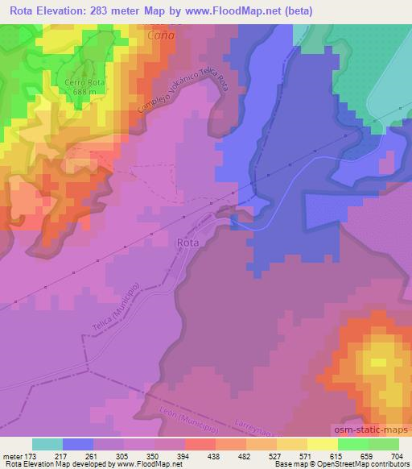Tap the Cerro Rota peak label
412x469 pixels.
click(84, 82)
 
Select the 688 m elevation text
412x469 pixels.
click(84, 92)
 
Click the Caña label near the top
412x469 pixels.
click(162, 36)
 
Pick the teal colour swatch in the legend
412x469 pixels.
click(47, 444)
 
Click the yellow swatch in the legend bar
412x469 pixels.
click(323, 444)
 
